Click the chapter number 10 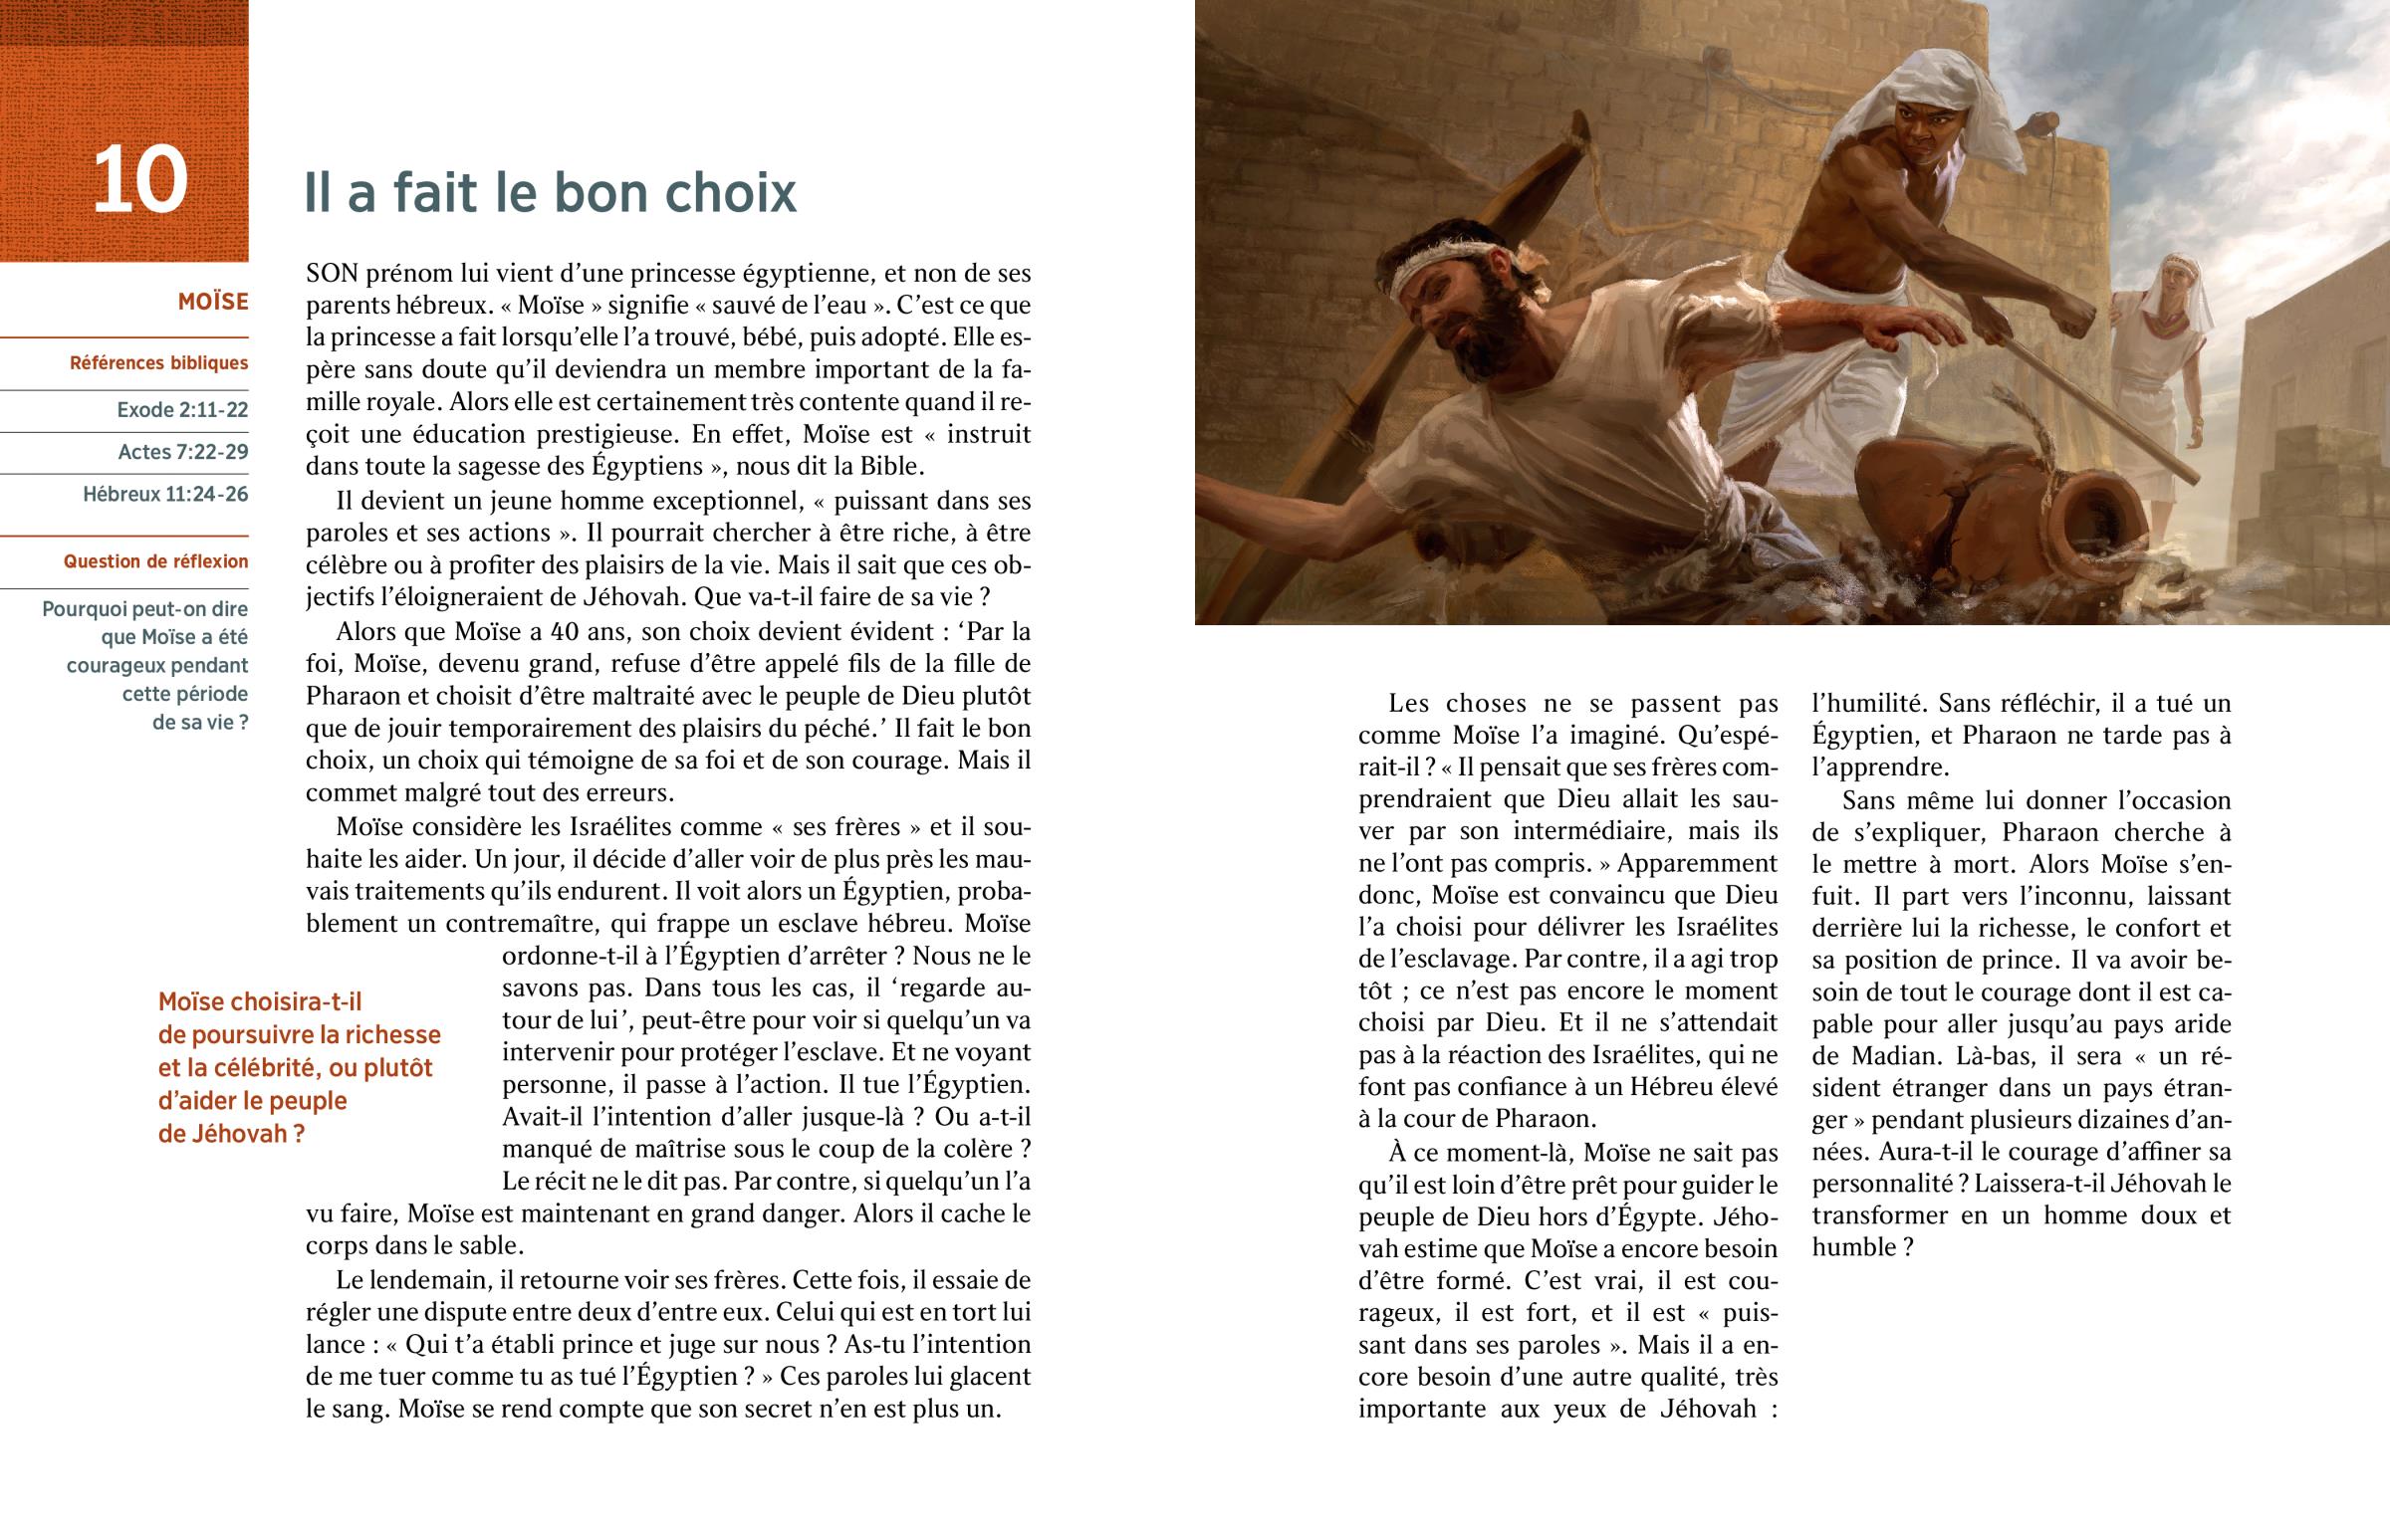click(x=140, y=180)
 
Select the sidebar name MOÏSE click(x=212, y=303)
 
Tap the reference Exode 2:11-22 click(x=182, y=410)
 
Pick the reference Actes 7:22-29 click(x=183, y=452)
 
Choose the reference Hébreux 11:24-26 click(x=165, y=495)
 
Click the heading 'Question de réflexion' click(x=155, y=561)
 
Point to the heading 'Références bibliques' click(x=158, y=363)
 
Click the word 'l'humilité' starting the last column click(x=1868, y=704)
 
